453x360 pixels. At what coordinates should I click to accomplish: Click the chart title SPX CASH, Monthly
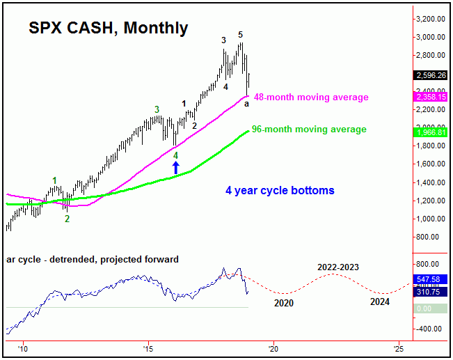point(108,28)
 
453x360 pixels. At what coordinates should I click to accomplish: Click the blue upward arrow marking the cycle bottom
point(176,167)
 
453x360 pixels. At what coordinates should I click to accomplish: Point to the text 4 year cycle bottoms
point(280,190)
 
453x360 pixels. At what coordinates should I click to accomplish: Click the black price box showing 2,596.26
point(430,76)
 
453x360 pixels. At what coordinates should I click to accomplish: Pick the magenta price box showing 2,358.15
point(430,98)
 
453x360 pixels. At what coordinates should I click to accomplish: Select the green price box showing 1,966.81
point(430,132)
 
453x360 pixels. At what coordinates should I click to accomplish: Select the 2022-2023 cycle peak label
point(339,267)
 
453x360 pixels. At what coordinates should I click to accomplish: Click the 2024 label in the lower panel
point(379,302)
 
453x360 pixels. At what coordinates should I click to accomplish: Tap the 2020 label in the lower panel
point(283,303)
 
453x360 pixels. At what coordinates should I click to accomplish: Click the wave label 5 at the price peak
point(240,34)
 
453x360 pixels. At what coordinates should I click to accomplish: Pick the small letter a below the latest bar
point(246,103)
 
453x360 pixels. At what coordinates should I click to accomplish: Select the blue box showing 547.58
point(430,278)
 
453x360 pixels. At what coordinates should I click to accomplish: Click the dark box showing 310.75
point(430,292)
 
